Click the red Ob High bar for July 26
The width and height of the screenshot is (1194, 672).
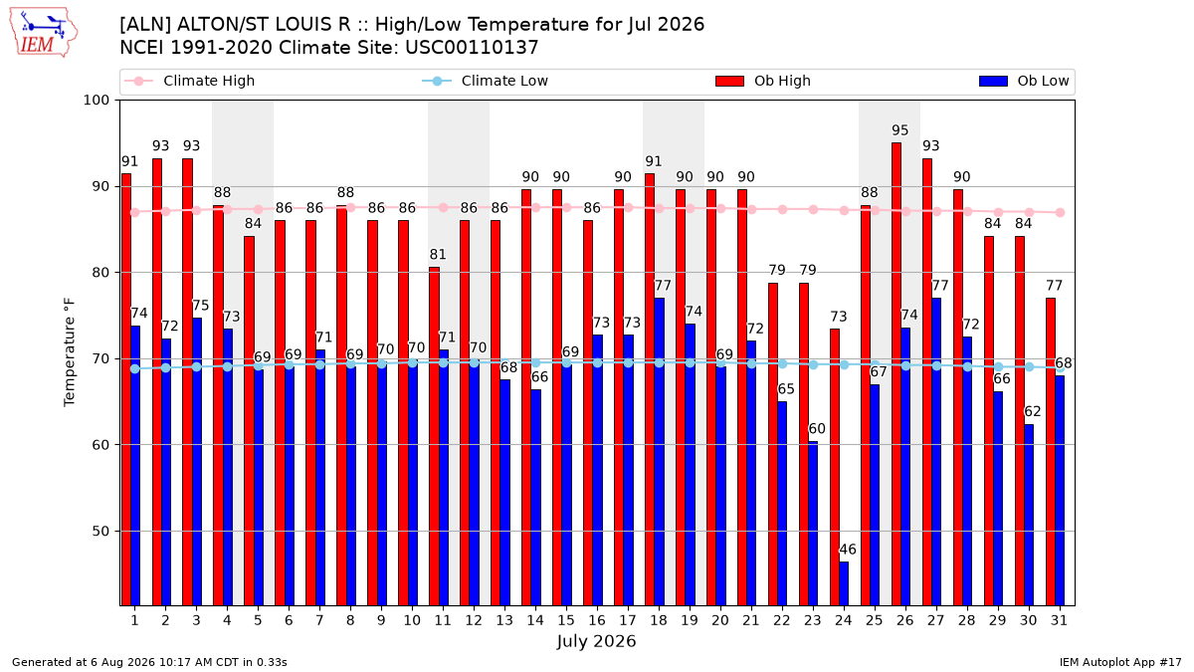896,374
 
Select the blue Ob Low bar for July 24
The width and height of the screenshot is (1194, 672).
844,583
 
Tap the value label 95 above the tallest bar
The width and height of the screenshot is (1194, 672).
899,130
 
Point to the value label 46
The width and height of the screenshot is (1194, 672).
848,550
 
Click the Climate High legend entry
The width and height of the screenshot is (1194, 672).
189,81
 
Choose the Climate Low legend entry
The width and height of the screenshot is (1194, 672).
486,81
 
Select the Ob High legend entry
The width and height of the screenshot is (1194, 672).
763,81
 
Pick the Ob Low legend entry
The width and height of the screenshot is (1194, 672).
1024,81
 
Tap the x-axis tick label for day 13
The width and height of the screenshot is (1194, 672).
504,620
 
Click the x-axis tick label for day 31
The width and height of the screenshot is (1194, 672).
1059,620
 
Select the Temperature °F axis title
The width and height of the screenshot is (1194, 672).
70,352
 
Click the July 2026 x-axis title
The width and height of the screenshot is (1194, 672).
596,641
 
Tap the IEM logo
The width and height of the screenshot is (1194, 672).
43,33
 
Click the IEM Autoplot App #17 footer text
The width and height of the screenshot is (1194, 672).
1120,662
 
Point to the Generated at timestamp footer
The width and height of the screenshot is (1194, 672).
149,662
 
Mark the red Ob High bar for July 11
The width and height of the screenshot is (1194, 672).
435,436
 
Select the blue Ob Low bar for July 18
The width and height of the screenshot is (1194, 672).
659,452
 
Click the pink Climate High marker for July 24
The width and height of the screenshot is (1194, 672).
845,211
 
